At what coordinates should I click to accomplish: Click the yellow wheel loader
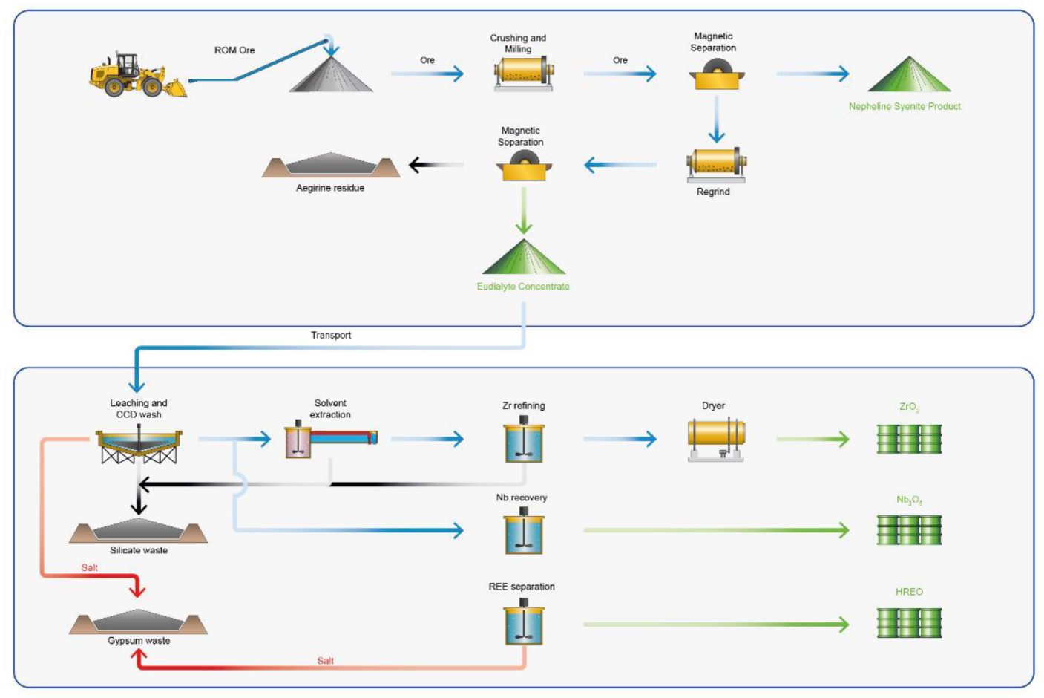(136, 76)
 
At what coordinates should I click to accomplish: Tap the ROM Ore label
(234, 50)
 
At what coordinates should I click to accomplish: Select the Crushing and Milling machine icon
(523, 74)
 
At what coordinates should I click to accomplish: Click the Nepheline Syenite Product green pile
(908, 76)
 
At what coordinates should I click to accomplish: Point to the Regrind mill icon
(716, 165)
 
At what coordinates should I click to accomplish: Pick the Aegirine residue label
(330, 188)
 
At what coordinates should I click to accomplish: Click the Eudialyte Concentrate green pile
(524, 258)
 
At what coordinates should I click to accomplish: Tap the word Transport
(331, 335)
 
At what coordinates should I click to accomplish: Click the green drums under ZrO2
(909, 439)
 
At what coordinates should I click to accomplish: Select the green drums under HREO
(909, 623)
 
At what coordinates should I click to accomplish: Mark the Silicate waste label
(139, 550)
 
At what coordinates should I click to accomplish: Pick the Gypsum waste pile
(139, 621)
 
